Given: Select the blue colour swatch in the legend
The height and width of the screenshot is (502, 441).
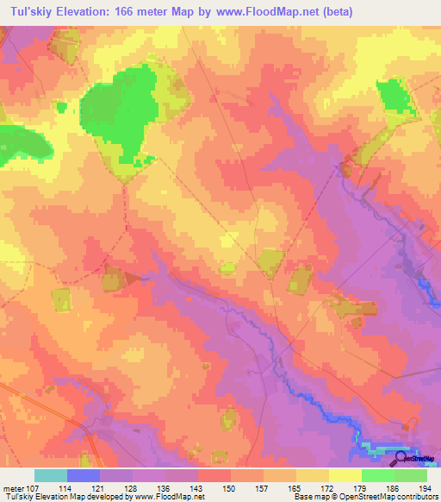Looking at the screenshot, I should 83,475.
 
